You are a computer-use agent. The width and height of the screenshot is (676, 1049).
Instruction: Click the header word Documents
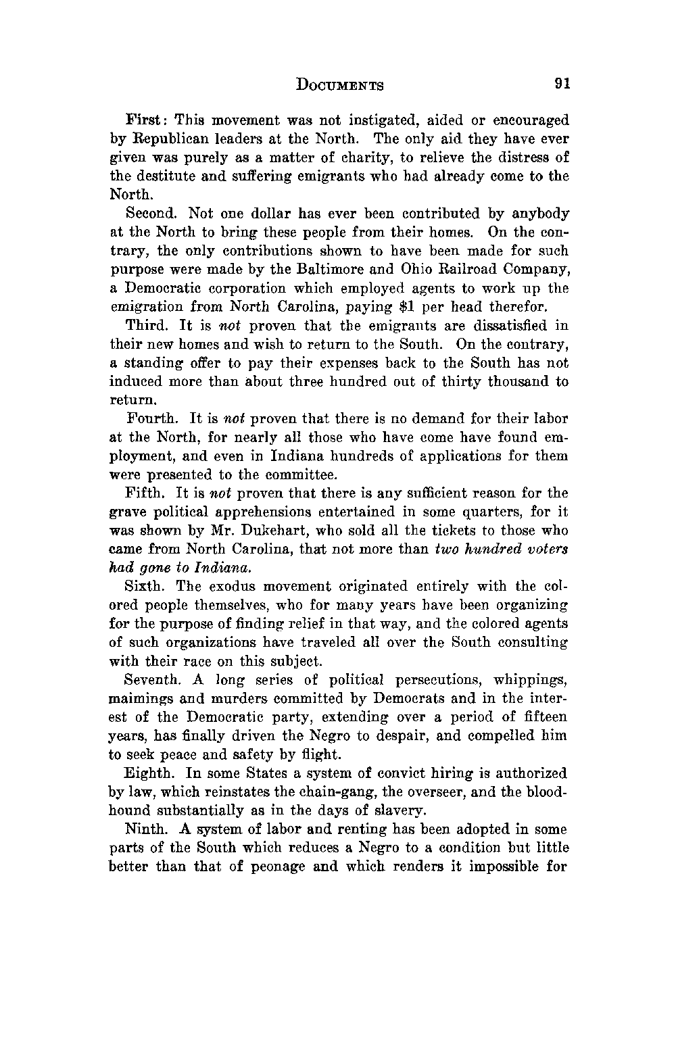tap(341, 85)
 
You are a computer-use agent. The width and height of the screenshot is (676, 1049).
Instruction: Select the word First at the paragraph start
tap(142, 120)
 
